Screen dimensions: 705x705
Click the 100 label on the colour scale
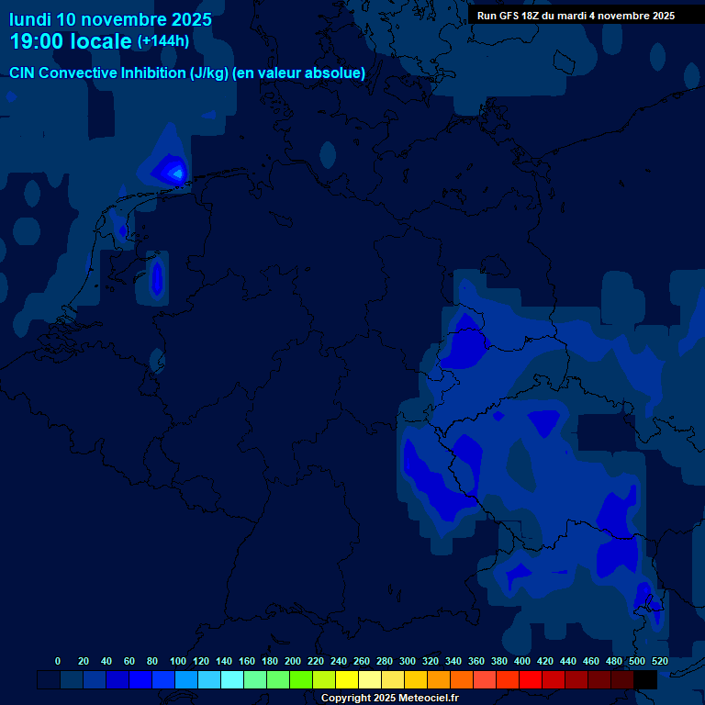(x=178, y=661)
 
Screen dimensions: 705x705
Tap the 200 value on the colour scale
(x=293, y=661)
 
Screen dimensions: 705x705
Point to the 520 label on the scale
(x=659, y=661)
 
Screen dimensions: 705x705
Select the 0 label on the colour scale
(x=58, y=661)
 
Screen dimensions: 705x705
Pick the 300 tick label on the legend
(x=408, y=661)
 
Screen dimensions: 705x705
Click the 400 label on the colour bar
(x=522, y=661)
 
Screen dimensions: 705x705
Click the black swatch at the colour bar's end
(x=645, y=679)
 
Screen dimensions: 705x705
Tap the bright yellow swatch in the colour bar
(x=347, y=679)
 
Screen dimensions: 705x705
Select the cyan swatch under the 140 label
(x=232, y=679)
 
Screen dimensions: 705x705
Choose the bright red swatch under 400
(x=531, y=679)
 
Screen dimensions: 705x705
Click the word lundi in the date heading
(x=30, y=19)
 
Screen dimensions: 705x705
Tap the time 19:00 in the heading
(x=37, y=41)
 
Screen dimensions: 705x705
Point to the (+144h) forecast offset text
(x=162, y=41)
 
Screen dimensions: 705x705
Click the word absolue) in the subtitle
(x=336, y=73)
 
